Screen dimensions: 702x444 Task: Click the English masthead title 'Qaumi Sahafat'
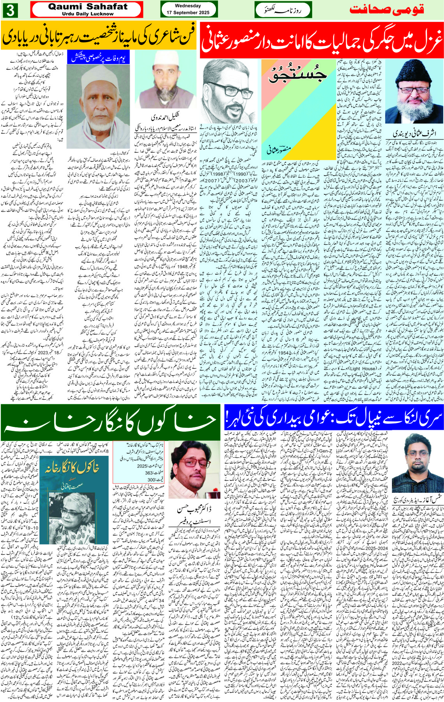pyautogui.click(x=87, y=7)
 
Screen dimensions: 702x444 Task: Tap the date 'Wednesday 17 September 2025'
pyautogui.click(x=188, y=9)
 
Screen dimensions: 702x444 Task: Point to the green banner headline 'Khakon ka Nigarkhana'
pyautogui.click(x=110, y=421)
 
